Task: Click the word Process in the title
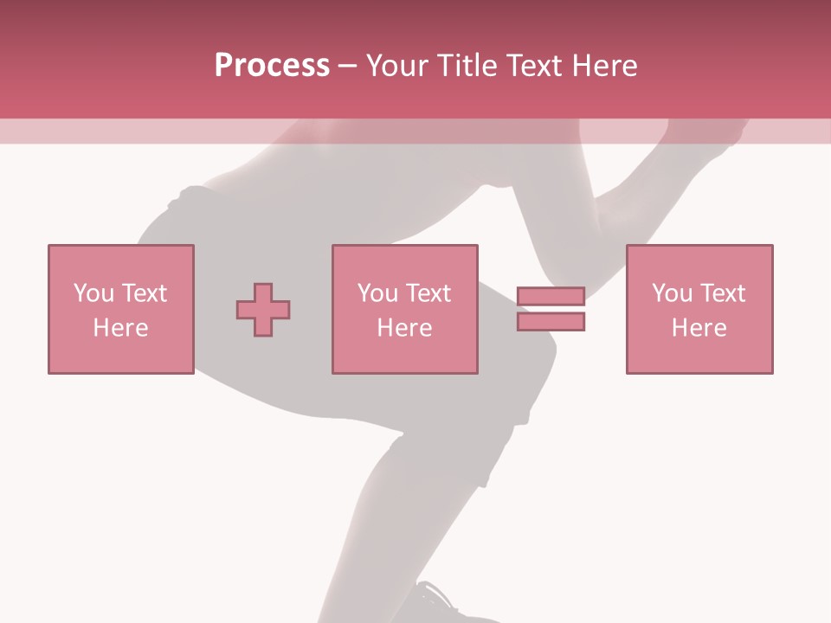pos(272,66)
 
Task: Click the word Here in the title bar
pos(604,66)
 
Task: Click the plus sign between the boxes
pos(263,310)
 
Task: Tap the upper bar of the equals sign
pos(551,297)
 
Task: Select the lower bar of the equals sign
pos(551,321)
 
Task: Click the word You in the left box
pos(93,293)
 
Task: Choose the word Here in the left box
pos(120,328)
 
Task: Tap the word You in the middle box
pos(377,293)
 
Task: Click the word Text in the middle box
pos(427,293)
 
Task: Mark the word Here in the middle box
pos(404,328)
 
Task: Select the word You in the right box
pos(672,293)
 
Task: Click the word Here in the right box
pos(699,328)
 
